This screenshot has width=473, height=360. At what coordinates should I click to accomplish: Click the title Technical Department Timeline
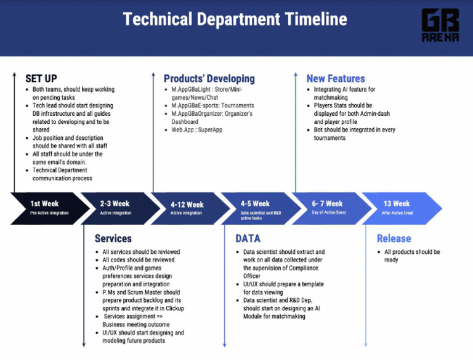coord(235,19)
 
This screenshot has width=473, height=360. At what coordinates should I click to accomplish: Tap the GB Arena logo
coord(440,25)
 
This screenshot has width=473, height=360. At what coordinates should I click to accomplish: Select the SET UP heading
coord(41,78)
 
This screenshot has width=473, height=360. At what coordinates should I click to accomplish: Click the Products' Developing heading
coord(209,78)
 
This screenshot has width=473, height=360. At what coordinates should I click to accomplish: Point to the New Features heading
coord(335,78)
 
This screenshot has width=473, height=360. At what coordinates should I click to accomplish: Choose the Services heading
coord(113,239)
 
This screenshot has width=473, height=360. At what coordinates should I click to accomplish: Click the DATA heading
coord(248,239)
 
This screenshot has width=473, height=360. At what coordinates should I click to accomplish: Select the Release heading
coord(394,239)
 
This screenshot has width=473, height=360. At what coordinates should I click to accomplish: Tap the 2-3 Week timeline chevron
coord(117,208)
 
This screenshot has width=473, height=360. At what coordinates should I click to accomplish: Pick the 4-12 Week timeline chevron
coord(187,208)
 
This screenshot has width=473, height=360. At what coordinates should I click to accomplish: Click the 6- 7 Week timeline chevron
coord(327,208)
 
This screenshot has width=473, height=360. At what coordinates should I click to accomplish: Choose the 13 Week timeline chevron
coord(399,208)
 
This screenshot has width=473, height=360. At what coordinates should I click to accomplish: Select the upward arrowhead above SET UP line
coord(14,75)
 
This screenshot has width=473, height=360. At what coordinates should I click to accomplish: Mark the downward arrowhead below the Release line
coord(366,343)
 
